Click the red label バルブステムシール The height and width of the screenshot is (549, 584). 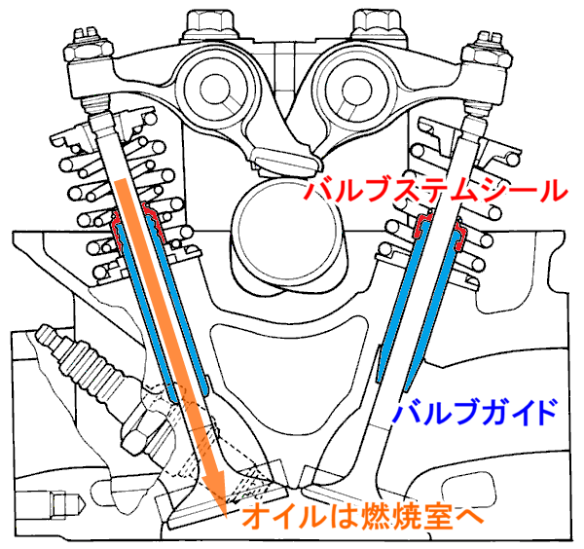[x=434, y=189]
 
